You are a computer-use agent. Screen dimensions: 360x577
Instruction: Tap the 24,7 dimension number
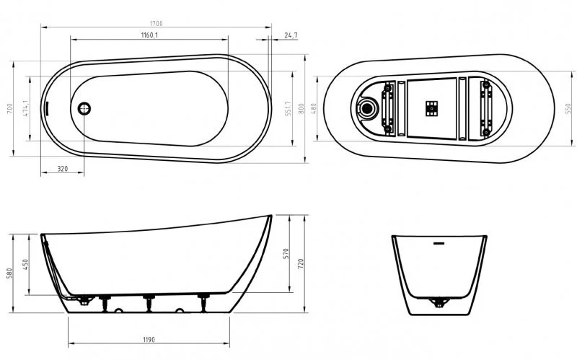coord(291,35)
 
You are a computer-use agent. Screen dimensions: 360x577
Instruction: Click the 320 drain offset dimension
coord(62,170)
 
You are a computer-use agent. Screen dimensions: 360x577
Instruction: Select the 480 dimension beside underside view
coord(314,108)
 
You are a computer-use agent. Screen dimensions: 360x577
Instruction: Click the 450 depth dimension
coord(26,265)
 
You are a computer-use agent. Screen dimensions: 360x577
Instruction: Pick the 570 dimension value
coord(288,253)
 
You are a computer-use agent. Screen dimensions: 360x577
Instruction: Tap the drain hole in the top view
coord(84,109)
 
